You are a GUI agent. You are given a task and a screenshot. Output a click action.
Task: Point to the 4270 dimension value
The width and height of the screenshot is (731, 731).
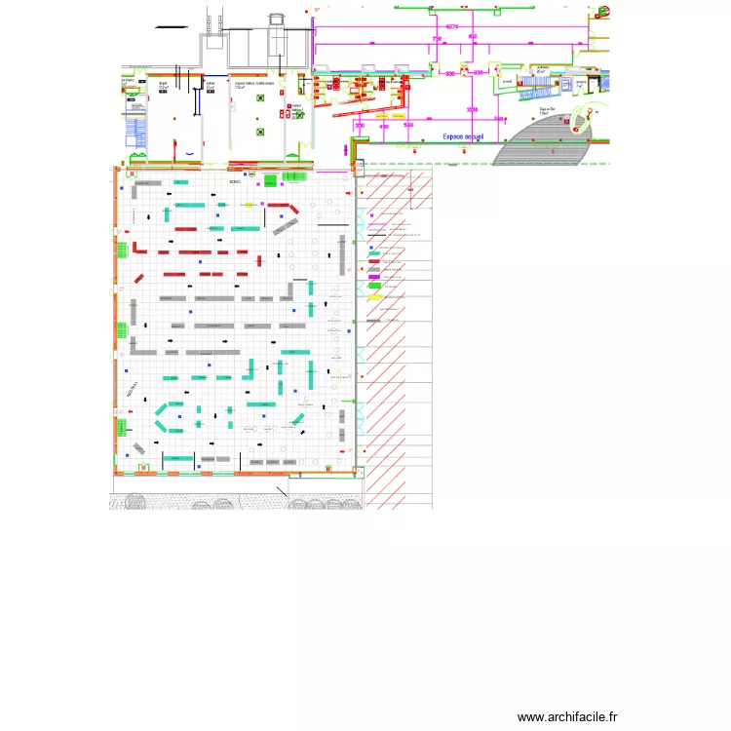(x=452, y=26)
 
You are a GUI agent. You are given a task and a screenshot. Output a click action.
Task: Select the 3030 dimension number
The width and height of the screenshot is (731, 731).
(x=472, y=109)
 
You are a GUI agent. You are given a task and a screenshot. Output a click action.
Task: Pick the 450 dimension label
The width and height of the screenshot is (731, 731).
(x=383, y=126)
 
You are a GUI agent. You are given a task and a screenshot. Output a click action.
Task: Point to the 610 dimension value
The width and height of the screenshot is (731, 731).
(x=473, y=37)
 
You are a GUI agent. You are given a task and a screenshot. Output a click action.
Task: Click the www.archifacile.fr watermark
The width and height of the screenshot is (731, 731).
(x=567, y=716)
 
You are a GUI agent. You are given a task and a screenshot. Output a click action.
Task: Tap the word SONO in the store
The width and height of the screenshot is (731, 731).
(x=234, y=182)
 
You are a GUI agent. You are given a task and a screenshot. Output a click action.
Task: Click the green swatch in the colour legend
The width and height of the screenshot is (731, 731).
(x=373, y=285)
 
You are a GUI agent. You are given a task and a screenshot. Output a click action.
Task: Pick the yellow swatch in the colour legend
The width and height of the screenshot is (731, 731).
(x=373, y=295)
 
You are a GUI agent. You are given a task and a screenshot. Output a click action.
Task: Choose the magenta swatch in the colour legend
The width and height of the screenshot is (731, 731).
(x=373, y=277)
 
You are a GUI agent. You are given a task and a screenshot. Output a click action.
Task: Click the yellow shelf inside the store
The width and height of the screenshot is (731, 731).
(x=249, y=205)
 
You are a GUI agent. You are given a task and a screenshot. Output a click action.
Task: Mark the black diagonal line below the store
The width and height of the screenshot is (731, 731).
(x=281, y=492)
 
